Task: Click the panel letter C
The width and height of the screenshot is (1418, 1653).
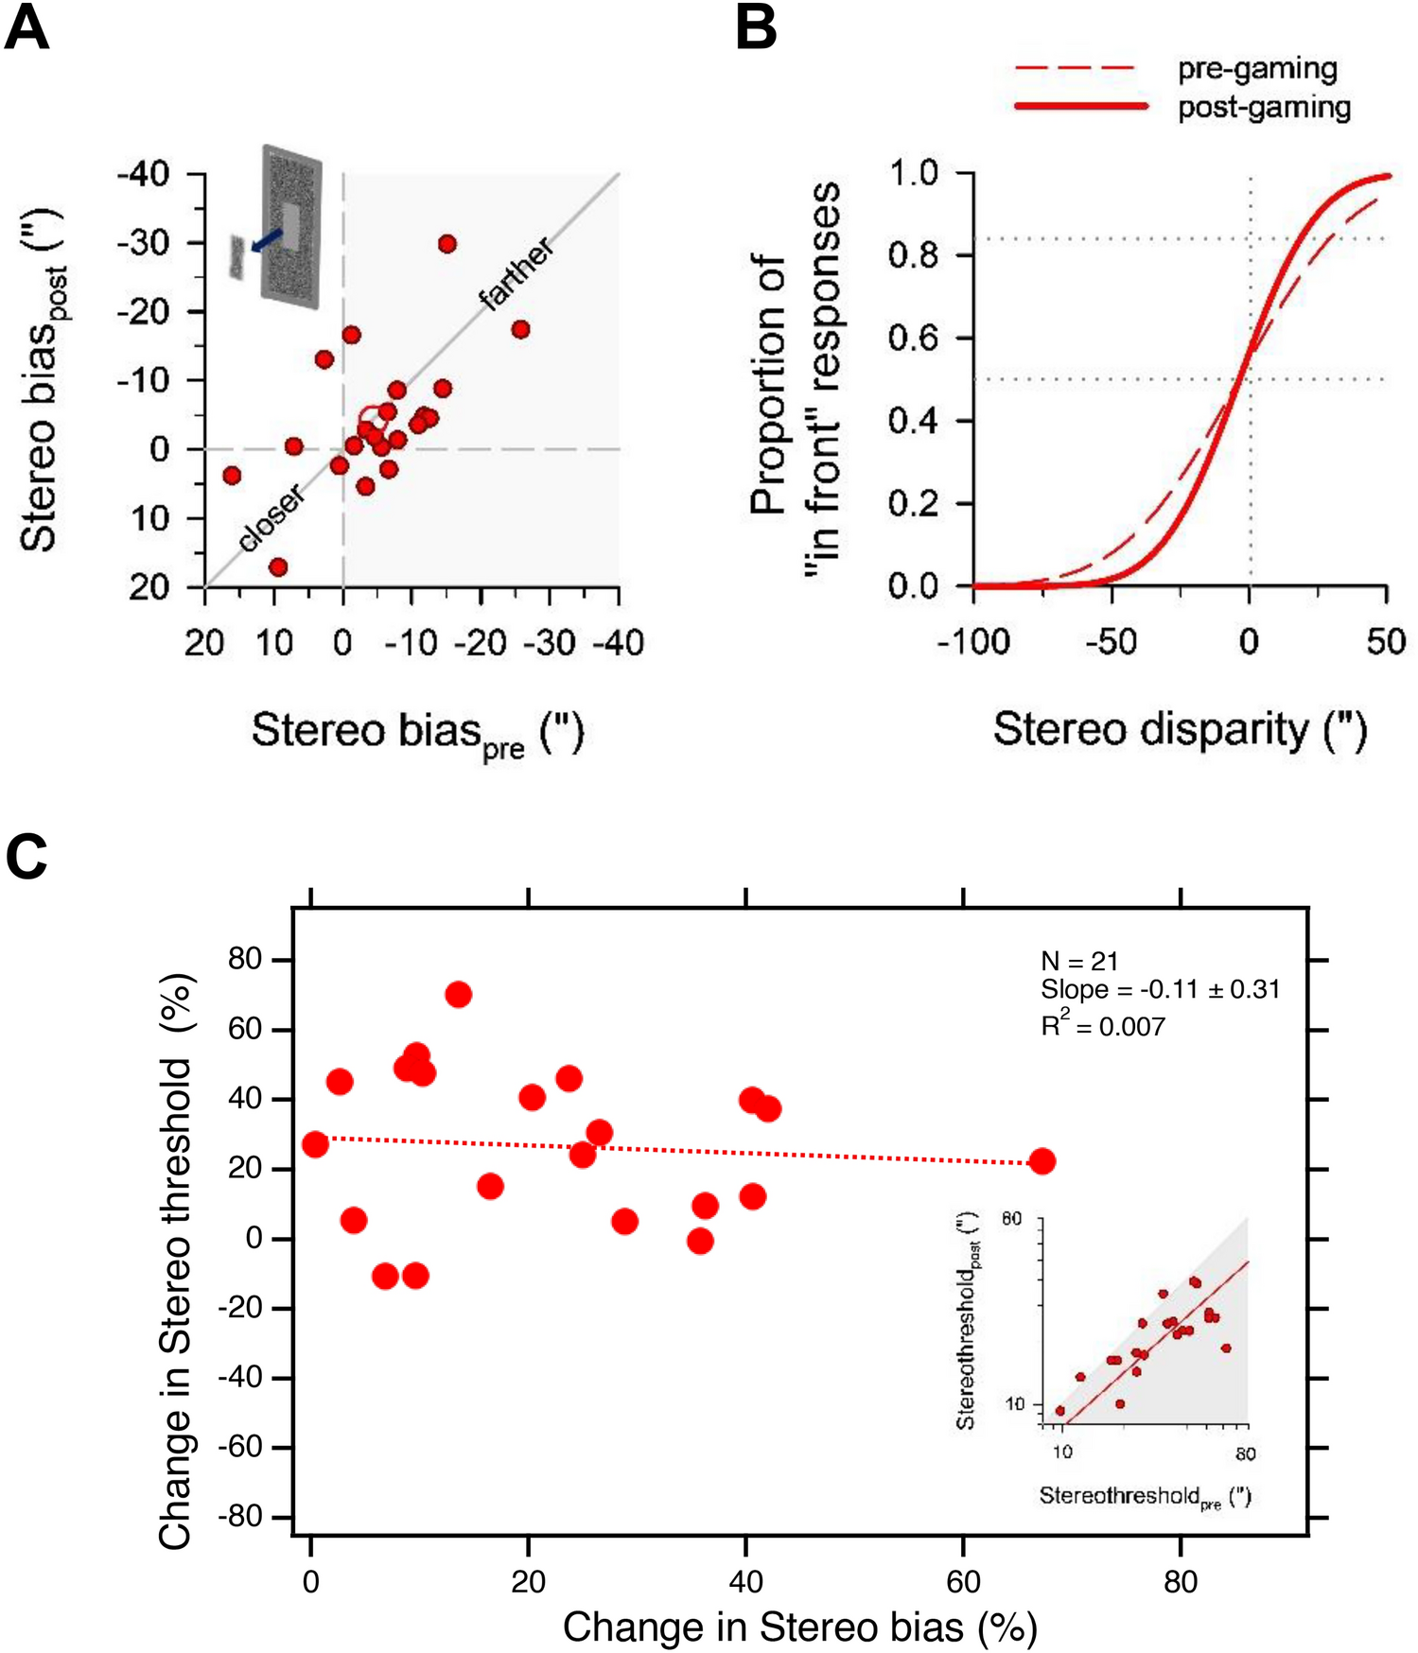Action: (26, 857)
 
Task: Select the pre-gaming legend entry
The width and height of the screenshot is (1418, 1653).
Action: (1256, 68)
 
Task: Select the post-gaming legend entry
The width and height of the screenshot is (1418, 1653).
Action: (1263, 107)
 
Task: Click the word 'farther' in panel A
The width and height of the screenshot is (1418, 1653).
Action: (516, 274)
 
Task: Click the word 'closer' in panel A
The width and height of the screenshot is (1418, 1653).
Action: (271, 517)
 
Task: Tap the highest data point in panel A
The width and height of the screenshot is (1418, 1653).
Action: (447, 244)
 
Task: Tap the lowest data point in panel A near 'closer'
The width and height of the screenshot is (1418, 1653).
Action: (278, 567)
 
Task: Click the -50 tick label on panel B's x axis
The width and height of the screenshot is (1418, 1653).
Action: (1111, 642)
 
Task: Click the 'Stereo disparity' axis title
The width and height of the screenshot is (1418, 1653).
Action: (1180, 730)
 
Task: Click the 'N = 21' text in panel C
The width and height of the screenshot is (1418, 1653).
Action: (1079, 961)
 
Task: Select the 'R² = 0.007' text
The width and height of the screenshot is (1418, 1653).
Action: (1103, 1026)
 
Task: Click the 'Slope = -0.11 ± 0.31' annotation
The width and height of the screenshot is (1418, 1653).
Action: (1160, 990)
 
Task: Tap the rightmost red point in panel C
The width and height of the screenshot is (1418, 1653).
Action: (1042, 1161)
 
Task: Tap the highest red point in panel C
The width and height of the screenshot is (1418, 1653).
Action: (458, 994)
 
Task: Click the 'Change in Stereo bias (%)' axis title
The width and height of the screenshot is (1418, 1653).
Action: (800, 1627)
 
